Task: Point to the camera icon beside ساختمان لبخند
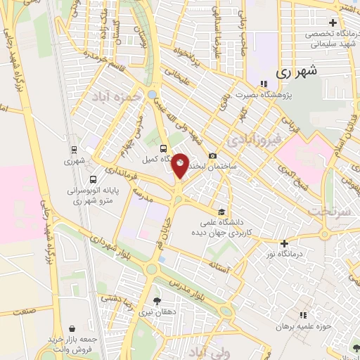[212, 155]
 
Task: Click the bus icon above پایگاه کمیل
[163, 148]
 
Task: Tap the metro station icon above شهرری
[74, 149]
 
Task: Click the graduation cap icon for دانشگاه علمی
[221, 212]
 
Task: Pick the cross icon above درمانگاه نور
[284, 243]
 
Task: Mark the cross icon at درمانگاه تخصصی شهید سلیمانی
[333, 22]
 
